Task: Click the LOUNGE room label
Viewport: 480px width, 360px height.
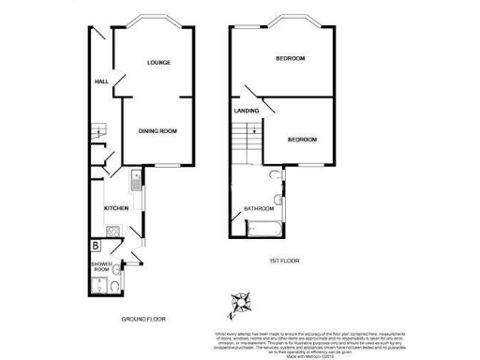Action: point(157,62)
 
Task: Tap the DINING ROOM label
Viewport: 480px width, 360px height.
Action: point(157,130)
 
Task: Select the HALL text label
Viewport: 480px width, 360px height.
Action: point(101,82)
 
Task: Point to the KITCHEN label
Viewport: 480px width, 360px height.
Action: point(115,207)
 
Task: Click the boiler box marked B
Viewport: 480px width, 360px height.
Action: point(96,247)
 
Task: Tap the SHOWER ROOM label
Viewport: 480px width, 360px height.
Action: point(100,268)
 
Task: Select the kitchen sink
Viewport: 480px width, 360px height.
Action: point(136,183)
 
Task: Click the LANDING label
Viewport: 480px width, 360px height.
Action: point(247,112)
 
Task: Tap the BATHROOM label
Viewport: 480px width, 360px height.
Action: point(259,208)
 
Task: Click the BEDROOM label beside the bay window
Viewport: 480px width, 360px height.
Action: point(290,59)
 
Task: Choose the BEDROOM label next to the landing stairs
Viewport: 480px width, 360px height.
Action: point(301,140)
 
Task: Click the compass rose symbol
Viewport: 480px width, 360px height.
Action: point(241,302)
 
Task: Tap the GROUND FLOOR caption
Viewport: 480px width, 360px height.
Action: point(142,320)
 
